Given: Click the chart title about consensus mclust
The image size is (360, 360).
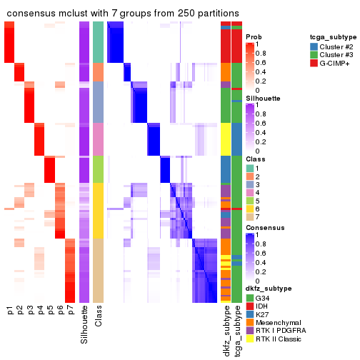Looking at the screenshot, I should click(123, 14).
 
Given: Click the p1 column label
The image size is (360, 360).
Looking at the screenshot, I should click(10, 310).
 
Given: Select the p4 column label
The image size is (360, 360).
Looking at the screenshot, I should click(40, 310).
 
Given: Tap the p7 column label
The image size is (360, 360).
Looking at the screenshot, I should click(70, 310).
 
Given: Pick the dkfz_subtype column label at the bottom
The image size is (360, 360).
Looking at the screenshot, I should click(226, 330).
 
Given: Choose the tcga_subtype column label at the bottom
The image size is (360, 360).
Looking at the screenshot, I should click(236, 329).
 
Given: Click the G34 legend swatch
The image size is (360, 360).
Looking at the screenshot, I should click(250, 297).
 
